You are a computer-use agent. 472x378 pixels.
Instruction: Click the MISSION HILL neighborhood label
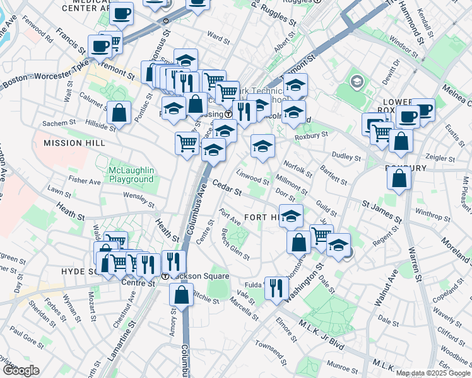(72, 143)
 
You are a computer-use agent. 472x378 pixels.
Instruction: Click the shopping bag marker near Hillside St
(119, 115)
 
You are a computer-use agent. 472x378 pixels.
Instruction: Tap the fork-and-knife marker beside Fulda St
(276, 289)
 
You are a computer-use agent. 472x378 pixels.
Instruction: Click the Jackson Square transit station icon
(165, 276)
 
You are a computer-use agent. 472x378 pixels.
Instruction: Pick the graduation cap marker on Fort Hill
(291, 217)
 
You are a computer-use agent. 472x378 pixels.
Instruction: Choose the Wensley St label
(139, 200)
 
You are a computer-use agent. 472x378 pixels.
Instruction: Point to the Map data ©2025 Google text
(432, 373)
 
